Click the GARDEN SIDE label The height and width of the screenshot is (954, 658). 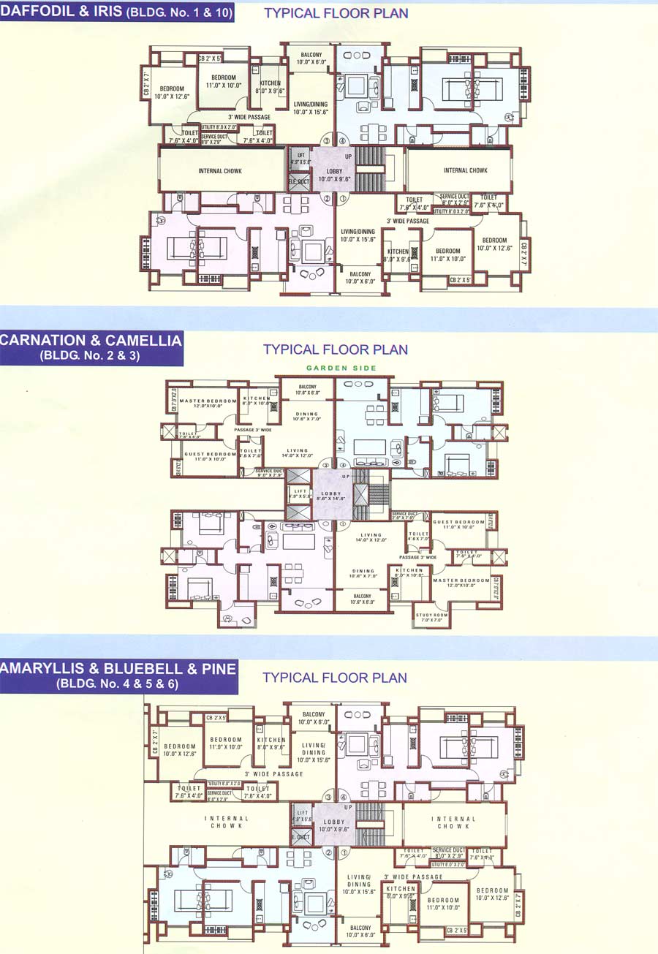click(341, 368)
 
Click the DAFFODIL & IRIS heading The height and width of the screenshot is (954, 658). click(117, 12)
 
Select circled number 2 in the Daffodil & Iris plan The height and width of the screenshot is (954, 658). click(328, 197)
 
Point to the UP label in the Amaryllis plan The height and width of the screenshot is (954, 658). click(348, 807)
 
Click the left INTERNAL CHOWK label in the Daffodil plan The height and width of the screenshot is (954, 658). click(220, 171)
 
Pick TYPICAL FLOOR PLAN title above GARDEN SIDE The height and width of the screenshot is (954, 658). click(335, 349)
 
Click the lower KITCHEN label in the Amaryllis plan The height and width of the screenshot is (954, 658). click(401, 891)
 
